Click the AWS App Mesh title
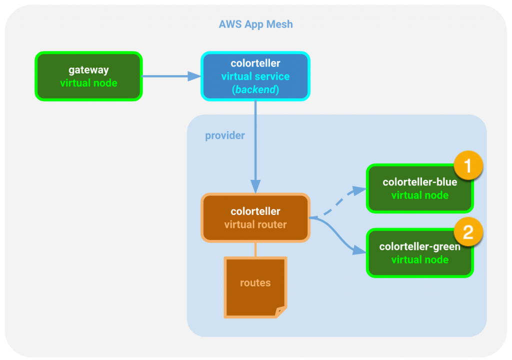255,24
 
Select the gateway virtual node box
88,76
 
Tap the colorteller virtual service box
255,76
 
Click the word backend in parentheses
255,90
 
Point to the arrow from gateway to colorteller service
170,76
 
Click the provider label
225,136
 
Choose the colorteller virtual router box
255,218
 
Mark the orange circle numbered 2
468,232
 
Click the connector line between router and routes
255,249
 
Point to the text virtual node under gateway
88,83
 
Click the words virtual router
255,225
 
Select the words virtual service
255,76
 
